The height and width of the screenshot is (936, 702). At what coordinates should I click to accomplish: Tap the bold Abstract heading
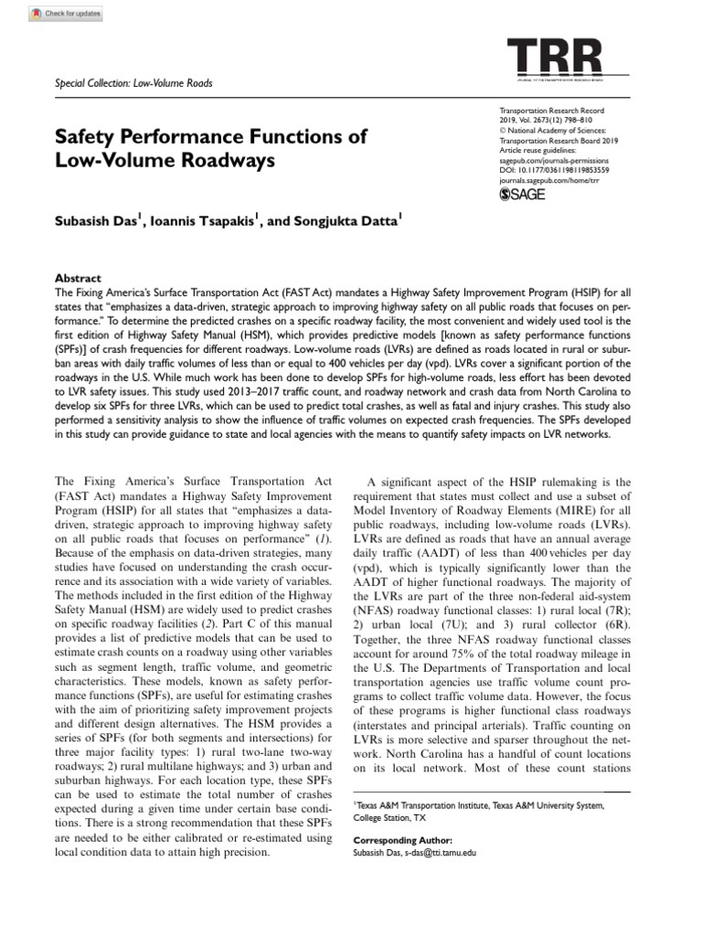tap(78, 278)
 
